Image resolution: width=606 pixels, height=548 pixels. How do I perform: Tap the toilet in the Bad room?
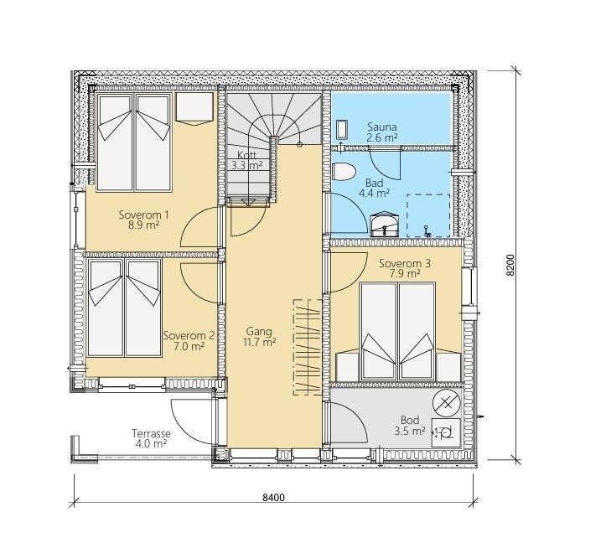[x=343, y=171]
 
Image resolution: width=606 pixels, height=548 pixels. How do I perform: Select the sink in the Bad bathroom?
[x=384, y=225]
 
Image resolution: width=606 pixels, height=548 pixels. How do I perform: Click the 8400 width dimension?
[x=273, y=498]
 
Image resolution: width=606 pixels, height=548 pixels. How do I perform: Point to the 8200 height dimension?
[x=510, y=265]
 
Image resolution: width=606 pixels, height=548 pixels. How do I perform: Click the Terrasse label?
[x=151, y=433]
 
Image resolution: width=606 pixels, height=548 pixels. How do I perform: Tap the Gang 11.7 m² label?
[x=259, y=337]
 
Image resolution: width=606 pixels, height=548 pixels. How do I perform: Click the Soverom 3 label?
[x=405, y=264]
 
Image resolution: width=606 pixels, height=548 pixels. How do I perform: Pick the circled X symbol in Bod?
[x=447, y=404]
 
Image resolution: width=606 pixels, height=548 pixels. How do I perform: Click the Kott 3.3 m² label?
[x=247, y=160]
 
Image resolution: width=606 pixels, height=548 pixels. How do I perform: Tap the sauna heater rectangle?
[x=342, y=129]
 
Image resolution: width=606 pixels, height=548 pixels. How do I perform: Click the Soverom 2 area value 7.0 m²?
[x=189, y=346]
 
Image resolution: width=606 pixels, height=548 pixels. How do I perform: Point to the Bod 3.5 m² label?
[x=410, y=425]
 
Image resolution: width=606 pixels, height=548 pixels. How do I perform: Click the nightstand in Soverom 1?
[x=194, y=107]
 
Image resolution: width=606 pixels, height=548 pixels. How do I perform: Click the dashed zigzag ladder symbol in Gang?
[x=308, y=347]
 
